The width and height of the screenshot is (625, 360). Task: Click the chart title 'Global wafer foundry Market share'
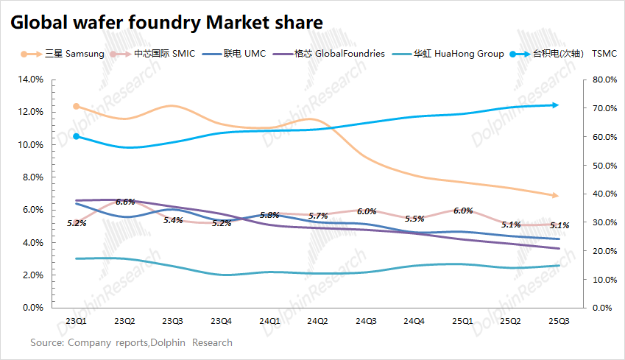click(166, 23)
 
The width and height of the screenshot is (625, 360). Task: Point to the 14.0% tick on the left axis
click(30, 80)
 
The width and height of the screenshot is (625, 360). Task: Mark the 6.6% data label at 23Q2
click(125, 202)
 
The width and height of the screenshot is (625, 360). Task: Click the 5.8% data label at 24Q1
click(269, 215)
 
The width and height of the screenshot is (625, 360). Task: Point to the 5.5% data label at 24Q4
click(414, 219)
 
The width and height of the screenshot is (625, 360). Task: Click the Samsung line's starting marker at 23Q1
click(77, 106)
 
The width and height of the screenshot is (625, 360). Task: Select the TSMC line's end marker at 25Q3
click(556, 105)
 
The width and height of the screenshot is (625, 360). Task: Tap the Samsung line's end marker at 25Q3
click(556, 195)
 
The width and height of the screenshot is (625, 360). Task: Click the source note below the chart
click(131, 342)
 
